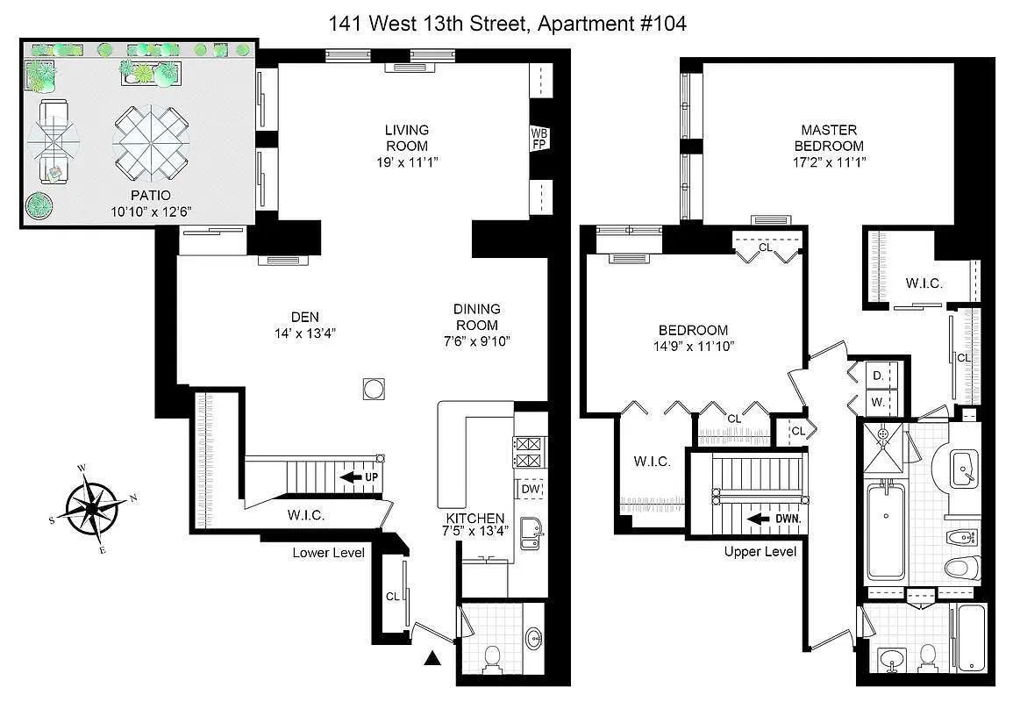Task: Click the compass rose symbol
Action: pos(91,507)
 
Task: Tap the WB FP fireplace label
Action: pos(539,139)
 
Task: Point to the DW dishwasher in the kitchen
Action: pos(531,490)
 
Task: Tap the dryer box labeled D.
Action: pos(878,376)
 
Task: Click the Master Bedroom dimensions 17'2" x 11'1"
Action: pos(829,161)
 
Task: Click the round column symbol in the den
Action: pos(374,389)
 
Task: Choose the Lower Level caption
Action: pos(328,552)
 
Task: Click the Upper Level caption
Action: pos(760,552)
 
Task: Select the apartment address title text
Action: pos(507,24)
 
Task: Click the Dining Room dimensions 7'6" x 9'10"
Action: pos(477,340)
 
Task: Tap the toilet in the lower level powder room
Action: pos(492,655)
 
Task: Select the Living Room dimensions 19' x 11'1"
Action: pos(406,161)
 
